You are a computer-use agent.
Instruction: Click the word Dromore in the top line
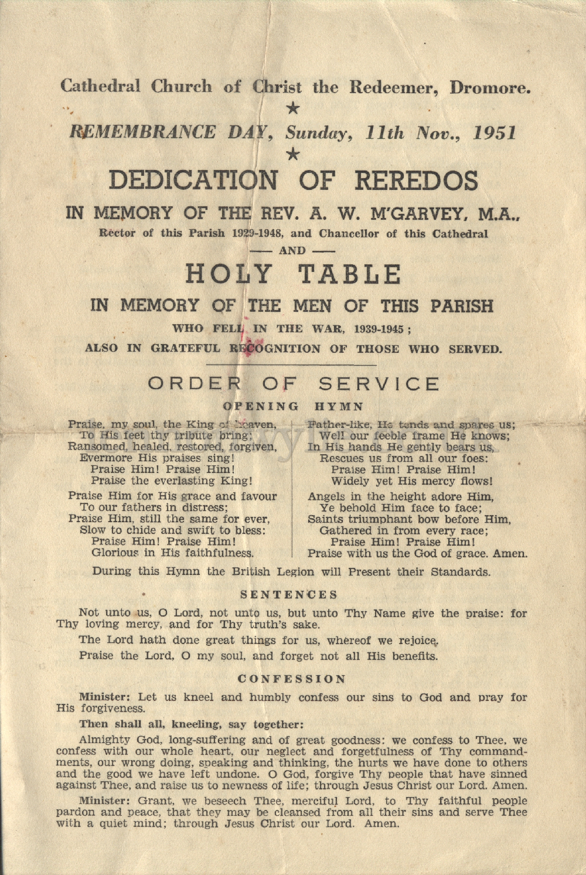[x=490, y=88]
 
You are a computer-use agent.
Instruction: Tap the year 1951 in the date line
[x=495, y=132]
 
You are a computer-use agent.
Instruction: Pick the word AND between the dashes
[x=292, y=251]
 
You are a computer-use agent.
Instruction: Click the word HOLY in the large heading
[x=229, y=274]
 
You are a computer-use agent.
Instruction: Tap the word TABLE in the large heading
[x=350, y=274]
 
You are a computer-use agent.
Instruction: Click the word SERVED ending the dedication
[x=475, y=349]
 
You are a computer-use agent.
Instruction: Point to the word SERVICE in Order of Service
[x=379, y=384]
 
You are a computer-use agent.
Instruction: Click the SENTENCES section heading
[x=289, y=595]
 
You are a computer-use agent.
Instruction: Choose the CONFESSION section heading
[x=292, y=679]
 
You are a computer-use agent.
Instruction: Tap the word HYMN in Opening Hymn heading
[x=339, y=406]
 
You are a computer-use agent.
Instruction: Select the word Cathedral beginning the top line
[x=100, y=87]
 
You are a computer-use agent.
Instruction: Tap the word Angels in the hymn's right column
[x=325, y=497]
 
